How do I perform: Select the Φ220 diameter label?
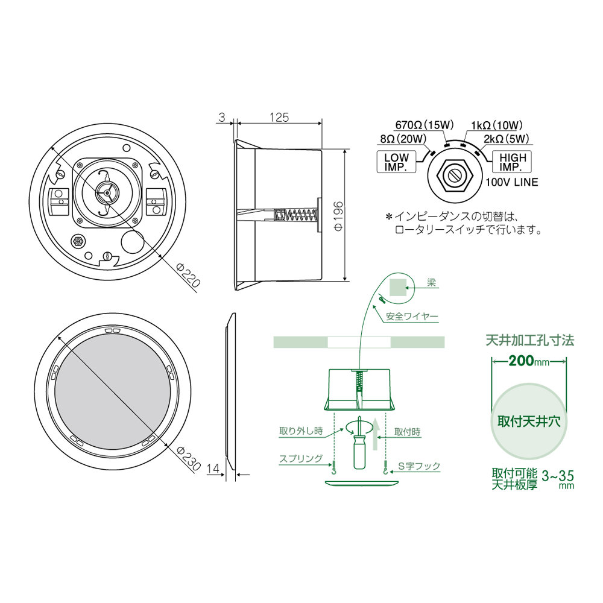click(188, 275)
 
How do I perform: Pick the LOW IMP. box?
click(397, 162)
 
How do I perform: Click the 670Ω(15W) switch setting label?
click(424, 125)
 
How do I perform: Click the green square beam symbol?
click(397, 286)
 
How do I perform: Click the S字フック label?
click(420, 466)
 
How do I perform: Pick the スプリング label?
click(300, 458)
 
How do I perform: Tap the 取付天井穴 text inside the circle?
click(529, 421)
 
